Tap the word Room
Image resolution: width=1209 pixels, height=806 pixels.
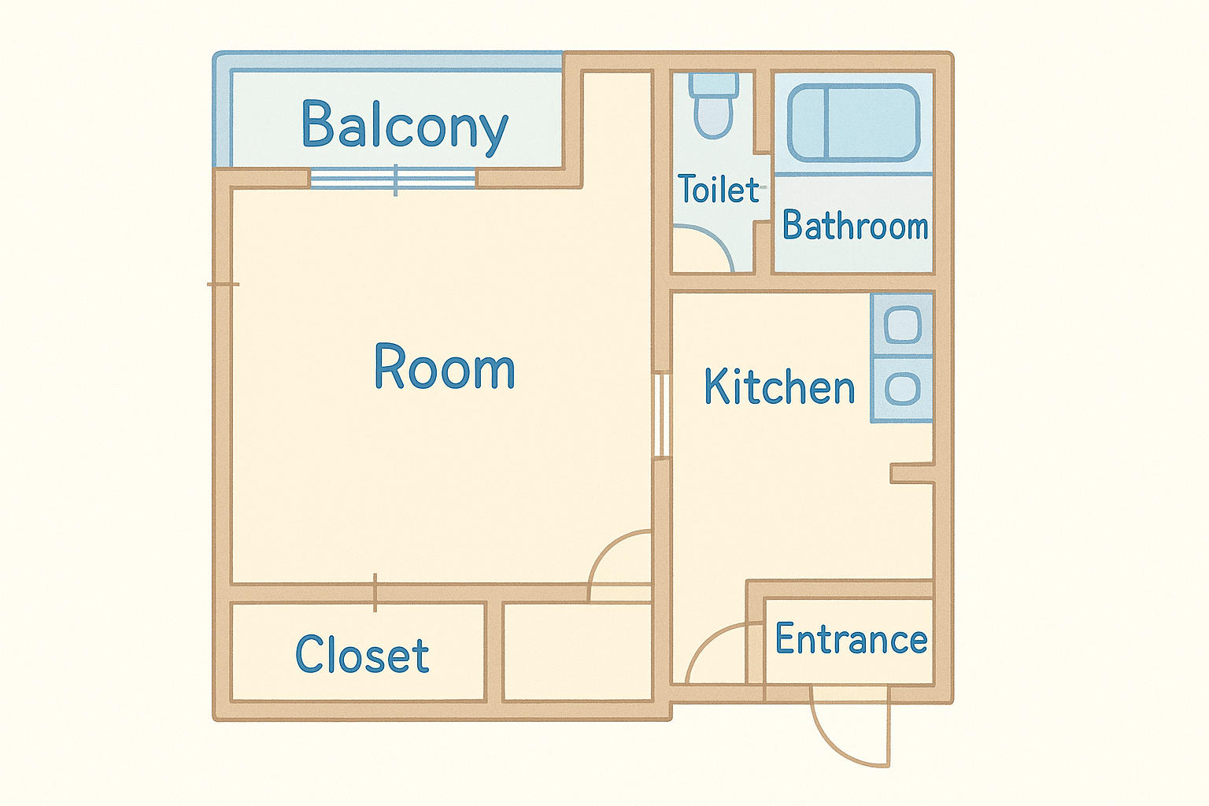(x=445, y=366)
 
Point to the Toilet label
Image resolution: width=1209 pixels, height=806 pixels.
(x=719, y=188)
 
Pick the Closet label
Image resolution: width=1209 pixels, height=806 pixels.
(x=362, y=654)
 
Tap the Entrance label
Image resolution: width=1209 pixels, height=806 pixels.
(x=851, y=638)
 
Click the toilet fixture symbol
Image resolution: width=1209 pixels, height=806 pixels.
(x=714, y=105)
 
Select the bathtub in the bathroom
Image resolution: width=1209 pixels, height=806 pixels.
(x=853, y=123)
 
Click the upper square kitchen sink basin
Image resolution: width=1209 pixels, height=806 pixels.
(x=903, y=324)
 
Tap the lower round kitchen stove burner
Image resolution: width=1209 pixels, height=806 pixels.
(x=903, y=389)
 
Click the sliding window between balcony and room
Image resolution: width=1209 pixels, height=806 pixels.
(x=394, y=178)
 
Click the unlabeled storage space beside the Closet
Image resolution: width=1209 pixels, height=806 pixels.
(x=577, y=652)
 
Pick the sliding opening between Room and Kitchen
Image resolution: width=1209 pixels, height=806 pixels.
(x=662, y=415)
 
